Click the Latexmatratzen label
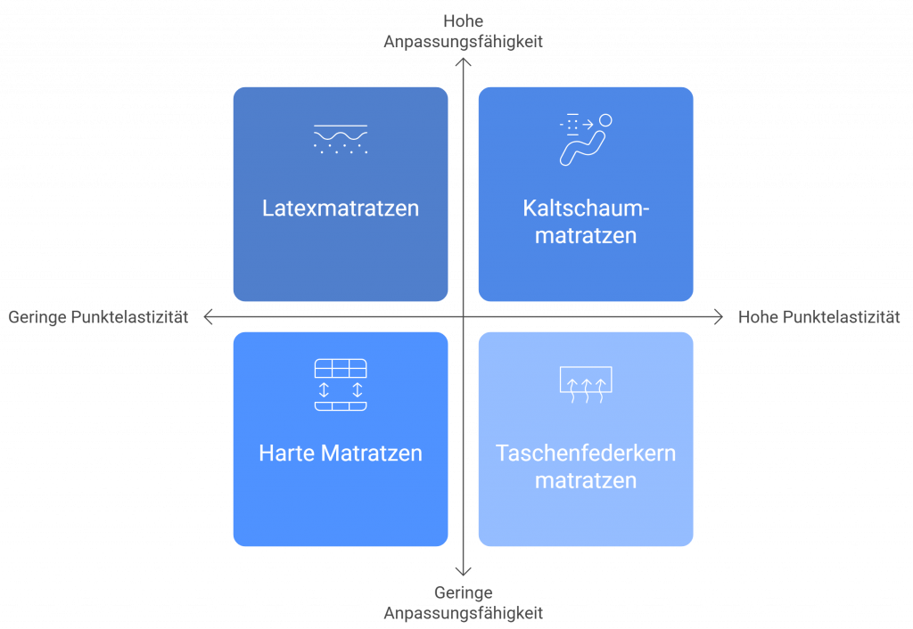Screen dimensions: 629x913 (x=341, y=208)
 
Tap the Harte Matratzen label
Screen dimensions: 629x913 (x=341, y=453)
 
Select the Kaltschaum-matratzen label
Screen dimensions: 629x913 (x=586, y=222)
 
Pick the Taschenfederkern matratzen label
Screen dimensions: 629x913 (x=586, y=466)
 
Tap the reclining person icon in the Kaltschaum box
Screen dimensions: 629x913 (x=586, y=139)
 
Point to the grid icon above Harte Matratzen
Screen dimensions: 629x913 (x=341, y=385)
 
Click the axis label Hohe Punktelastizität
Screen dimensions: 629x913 (x=818, y=317)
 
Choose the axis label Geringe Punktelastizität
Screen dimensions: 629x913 (x=98, y=317)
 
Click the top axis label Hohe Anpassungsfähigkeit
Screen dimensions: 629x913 (x=463, y=31)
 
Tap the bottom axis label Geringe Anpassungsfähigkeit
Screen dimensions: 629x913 (x=463, y=602)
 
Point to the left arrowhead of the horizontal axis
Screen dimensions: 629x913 (x=208, y=316)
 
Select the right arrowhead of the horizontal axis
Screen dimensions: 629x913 (x=719, y=316)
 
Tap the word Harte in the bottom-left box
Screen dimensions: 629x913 (x=286, y=453)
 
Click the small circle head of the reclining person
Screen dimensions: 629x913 (x=605, y=120)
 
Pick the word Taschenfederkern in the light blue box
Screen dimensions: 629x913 (x=586, y=453)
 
